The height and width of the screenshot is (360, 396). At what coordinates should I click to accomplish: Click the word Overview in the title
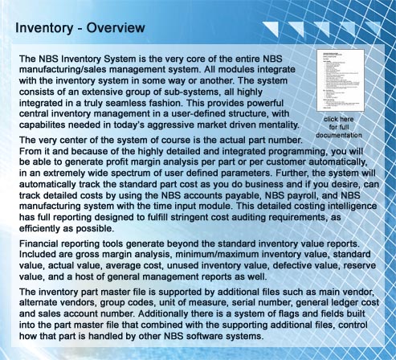[113, 29]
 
